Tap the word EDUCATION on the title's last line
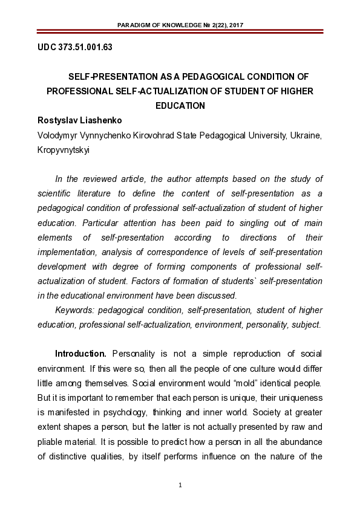[x=180, y=105]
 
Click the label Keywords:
[x=74, y=310]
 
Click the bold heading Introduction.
[x=80, y=354]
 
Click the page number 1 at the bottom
[x=180, y=485]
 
